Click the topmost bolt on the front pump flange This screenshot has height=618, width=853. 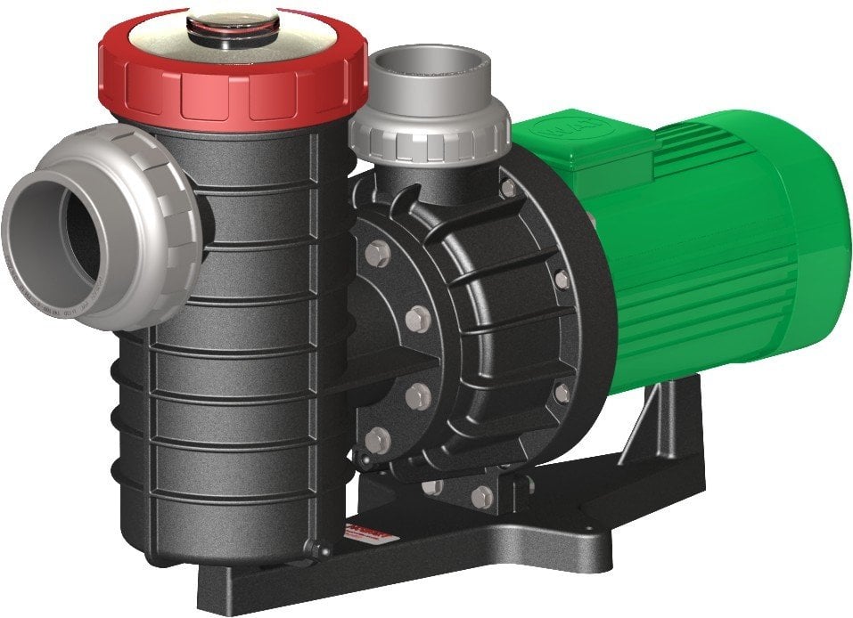[377, 254]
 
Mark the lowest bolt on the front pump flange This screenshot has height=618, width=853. [378, 439]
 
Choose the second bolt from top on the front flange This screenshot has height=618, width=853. [418, 316]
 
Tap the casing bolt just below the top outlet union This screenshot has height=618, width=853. [508, 189]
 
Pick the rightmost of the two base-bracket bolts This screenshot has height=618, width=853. [482, 496]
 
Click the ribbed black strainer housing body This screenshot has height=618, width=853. [241, 356]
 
